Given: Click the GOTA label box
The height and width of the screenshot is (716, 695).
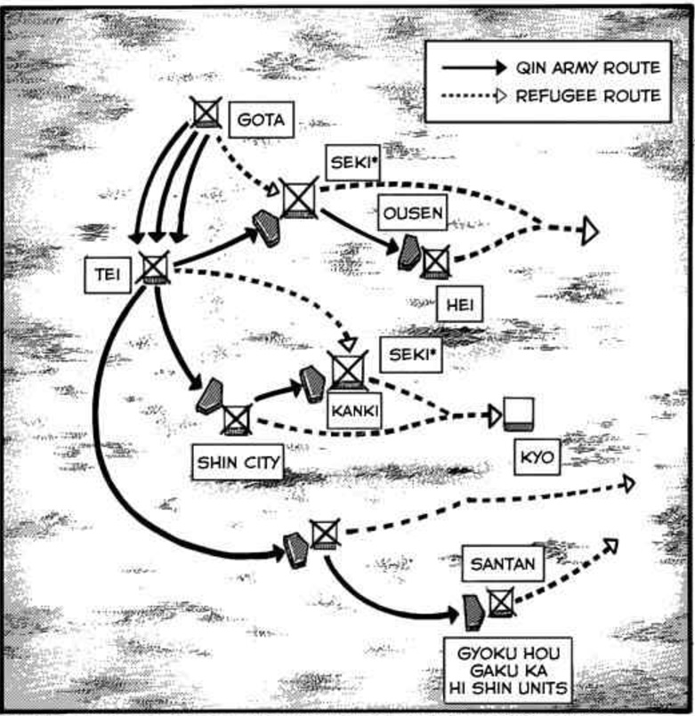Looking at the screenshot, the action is [x=261, y=120].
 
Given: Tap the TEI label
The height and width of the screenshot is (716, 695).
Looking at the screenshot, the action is [x=108, y=275].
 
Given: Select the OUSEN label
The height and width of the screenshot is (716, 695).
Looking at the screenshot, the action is [x=413, y=213].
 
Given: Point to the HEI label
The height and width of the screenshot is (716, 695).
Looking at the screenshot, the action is [x=459, y=304].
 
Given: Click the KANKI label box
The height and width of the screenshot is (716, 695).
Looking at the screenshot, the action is [x=354, y=410].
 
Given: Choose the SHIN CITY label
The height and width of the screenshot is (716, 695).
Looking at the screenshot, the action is [x=238, y=463].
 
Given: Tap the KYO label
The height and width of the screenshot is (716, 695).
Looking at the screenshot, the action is [x=537, y=457].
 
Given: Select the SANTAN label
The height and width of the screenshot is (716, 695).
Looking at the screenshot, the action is [x=503, y=564].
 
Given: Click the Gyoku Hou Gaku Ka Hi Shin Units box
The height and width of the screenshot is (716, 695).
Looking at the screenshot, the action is [x=507, y=671].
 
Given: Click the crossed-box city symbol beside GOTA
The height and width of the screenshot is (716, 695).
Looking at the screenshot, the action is [x=206, y=112].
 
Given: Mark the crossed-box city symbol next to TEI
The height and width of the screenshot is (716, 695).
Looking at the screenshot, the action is [x=155, y=268].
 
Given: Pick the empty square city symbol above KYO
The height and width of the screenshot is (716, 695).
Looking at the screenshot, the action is [x=519, y=414].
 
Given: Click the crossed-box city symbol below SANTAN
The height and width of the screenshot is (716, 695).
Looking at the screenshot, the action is [x=501, y=603].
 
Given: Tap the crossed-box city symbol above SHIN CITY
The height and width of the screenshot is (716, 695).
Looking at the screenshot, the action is [x=236, y=419].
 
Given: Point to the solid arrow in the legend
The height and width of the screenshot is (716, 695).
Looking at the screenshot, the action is [x=474, y=68].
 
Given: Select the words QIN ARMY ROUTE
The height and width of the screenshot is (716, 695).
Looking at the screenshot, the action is [x=588, y=68].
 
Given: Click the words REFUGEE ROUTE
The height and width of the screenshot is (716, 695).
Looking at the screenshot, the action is [x=588, y=96].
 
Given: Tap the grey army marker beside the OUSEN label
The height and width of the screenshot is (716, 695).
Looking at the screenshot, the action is [x=409, y=252].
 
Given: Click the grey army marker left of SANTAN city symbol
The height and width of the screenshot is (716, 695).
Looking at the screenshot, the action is [x=473, y=612].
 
